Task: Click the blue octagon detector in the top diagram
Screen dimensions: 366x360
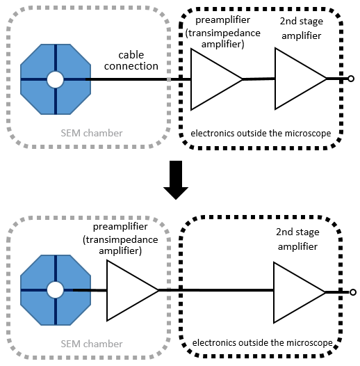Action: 38,66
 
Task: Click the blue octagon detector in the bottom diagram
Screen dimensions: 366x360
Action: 38,306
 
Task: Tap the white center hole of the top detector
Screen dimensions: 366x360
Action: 55,80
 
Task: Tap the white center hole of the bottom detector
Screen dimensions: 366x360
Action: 55,289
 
